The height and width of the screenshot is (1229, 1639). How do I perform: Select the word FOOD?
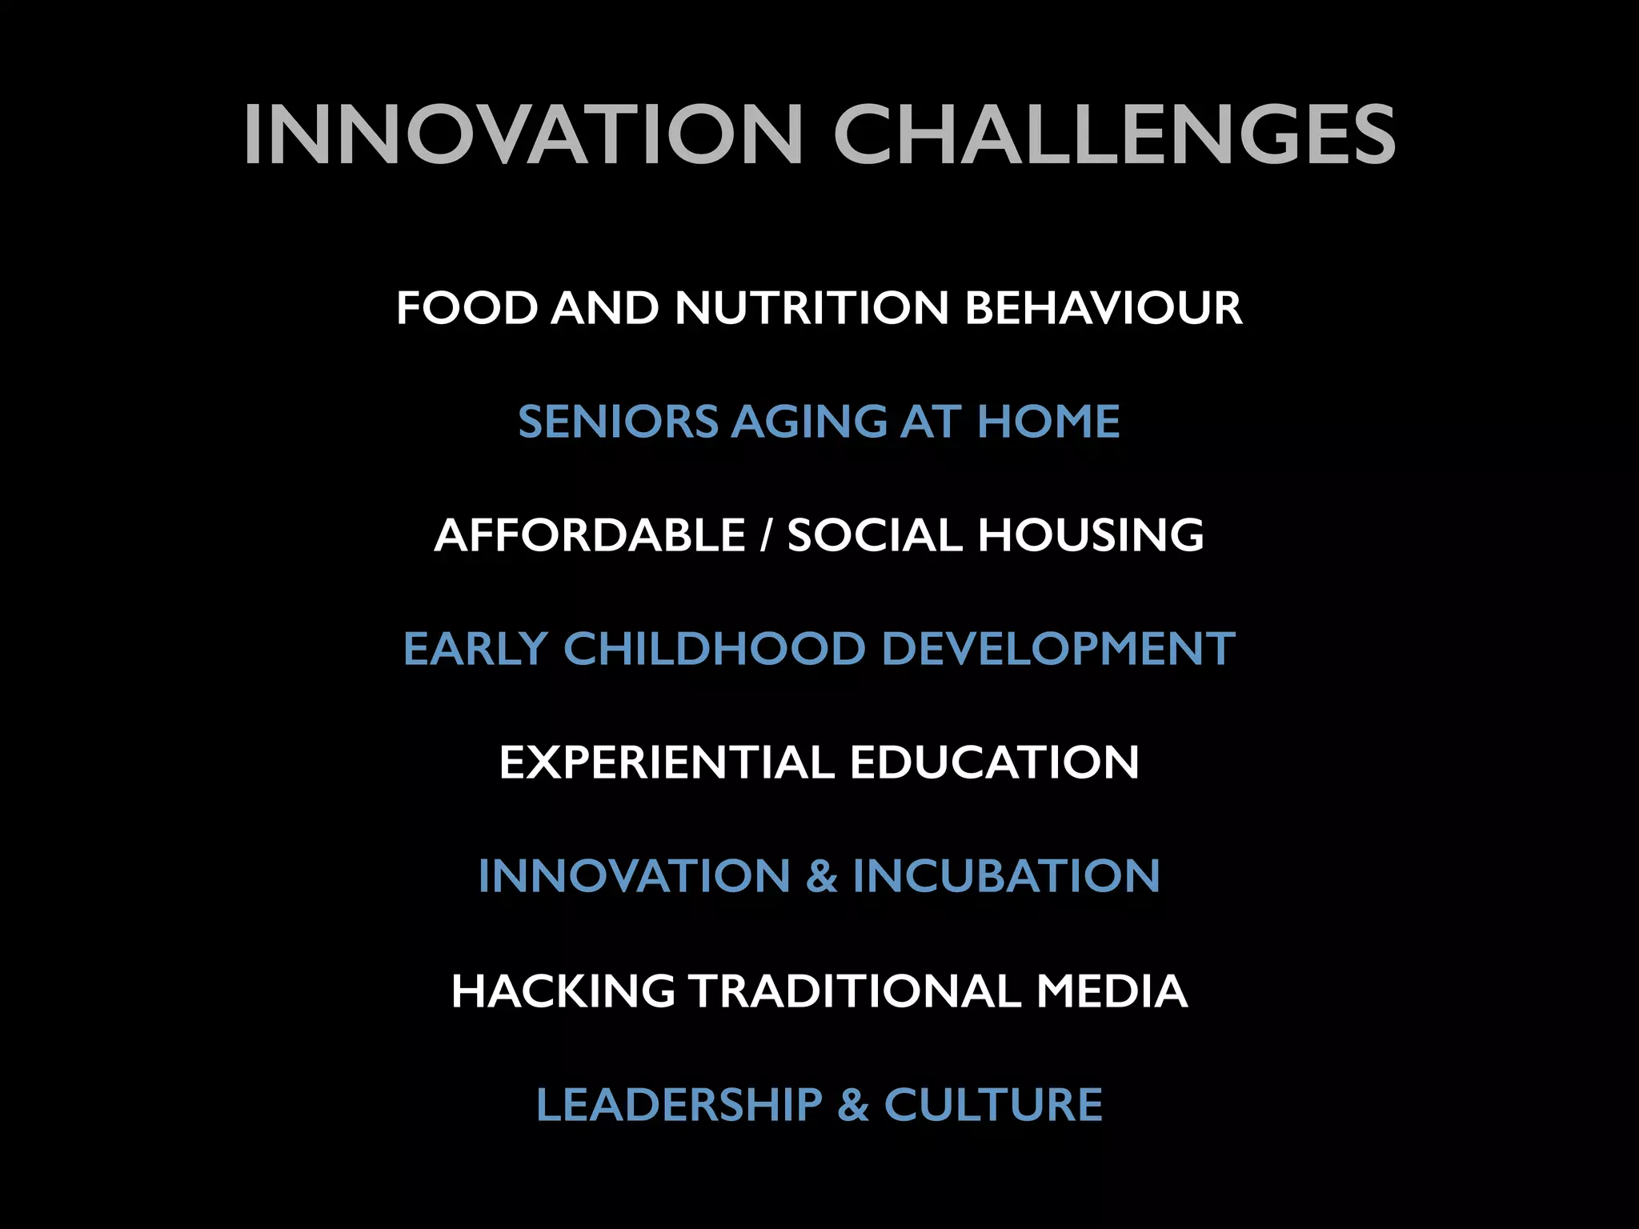467,308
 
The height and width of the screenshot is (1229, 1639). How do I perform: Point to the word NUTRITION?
811,308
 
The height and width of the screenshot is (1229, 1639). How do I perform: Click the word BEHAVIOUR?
1104,308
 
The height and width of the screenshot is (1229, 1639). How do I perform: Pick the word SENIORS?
618,422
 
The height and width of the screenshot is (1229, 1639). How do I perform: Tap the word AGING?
809,422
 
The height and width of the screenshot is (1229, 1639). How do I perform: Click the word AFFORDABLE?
590,535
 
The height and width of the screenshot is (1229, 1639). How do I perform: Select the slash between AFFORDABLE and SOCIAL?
766,535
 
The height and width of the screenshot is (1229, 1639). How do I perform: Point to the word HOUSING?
1091,535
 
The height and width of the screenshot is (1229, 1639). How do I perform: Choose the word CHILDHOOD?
715,649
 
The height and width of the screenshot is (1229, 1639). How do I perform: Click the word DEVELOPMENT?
1058,649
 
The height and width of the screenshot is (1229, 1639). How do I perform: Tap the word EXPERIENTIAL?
666,763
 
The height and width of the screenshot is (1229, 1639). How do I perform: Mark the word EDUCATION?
994,763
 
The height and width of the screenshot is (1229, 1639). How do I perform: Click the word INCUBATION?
1006,876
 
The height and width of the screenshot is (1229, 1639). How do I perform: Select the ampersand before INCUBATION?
821,876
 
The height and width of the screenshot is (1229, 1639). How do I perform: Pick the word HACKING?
563,991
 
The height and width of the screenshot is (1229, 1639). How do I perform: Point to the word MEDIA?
1112,991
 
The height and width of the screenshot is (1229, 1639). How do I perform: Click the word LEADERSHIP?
679,1105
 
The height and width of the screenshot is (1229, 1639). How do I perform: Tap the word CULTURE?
993,1105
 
